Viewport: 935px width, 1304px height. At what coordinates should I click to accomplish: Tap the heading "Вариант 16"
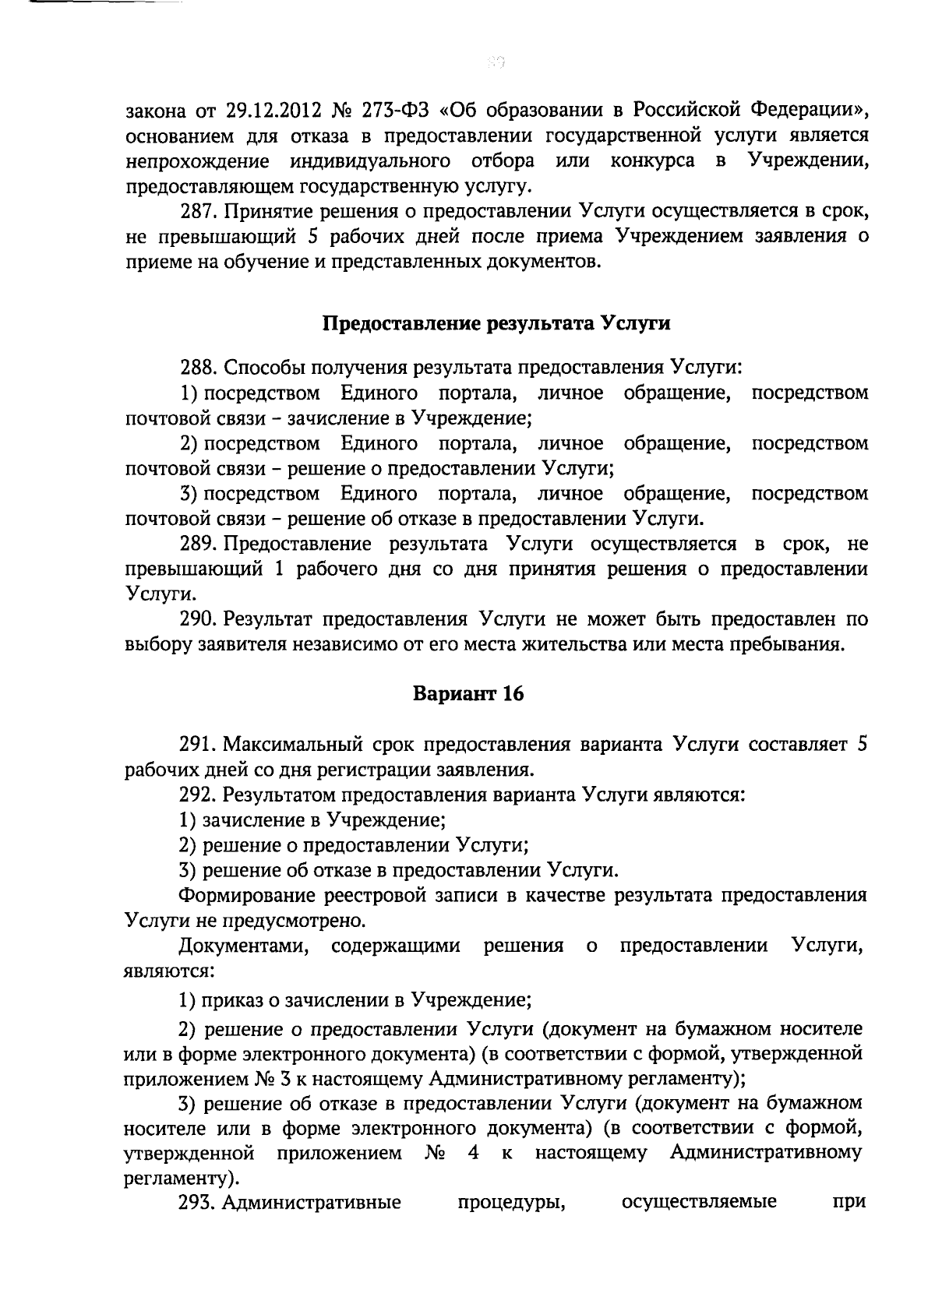coord(467,694)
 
